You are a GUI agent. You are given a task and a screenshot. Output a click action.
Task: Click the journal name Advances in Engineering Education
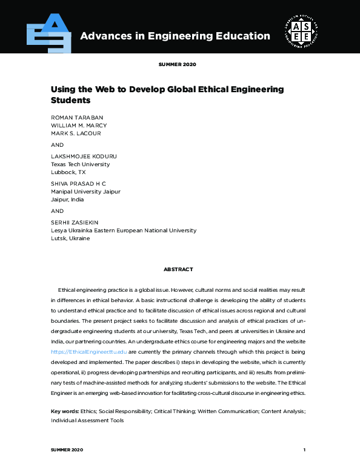[175, 36]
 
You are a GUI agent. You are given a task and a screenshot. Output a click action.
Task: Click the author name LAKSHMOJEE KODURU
[84, 157]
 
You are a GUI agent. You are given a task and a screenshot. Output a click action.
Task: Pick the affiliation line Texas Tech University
[80, 164]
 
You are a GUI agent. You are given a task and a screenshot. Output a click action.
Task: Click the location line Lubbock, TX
[68, 172]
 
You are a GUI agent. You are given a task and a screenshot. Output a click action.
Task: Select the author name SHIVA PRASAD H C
[79, 183]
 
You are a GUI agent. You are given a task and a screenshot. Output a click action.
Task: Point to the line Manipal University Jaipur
[85, 191]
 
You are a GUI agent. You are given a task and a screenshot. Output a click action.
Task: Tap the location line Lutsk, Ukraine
[70, 238]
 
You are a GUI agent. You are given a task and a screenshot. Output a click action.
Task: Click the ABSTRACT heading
[178, 269]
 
